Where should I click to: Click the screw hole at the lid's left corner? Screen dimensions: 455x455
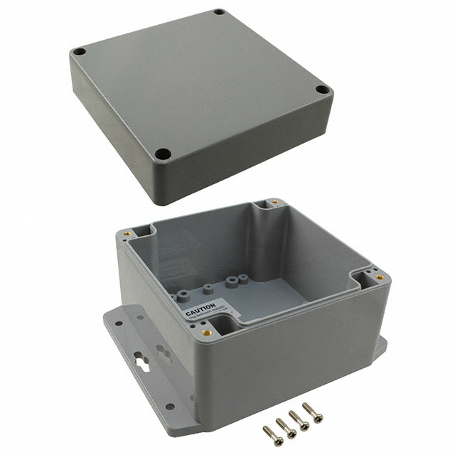click(x=80, y=52)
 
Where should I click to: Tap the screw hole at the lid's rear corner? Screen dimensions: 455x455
click(x=219, y=12)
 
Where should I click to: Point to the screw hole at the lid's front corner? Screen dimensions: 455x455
click(x=163, y=152)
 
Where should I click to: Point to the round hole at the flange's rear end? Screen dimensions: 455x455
click(x=118, y=323)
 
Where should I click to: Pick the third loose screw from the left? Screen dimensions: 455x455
click(x=297, y=418)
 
